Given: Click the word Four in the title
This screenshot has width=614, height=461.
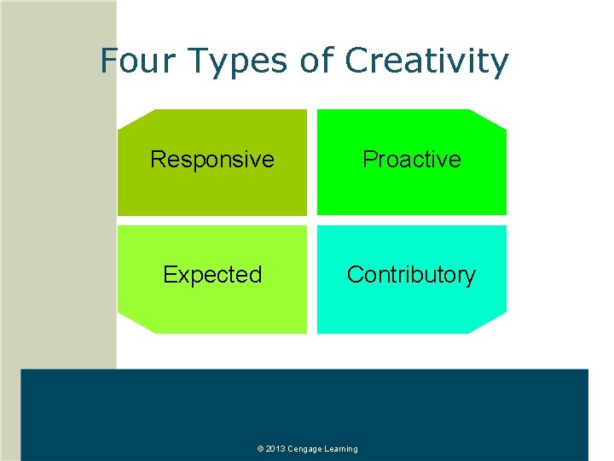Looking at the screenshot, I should tap(130, 61).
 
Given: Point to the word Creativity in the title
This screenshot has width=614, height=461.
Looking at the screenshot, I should tap(426, 61).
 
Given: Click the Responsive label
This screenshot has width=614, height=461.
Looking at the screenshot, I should tap(212, 160).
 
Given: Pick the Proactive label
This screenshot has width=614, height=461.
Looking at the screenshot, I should tap(412, 160).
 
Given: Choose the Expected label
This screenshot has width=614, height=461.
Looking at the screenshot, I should tap(212, 275).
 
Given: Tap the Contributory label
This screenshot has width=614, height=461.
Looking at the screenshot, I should tap(411, 275).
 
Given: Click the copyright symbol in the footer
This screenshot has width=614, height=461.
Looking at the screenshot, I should tap(259, 449).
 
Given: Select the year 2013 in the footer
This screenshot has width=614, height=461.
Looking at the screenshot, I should tap(275, 449).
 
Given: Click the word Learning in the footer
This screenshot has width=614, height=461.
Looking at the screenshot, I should tap(341, 449).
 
